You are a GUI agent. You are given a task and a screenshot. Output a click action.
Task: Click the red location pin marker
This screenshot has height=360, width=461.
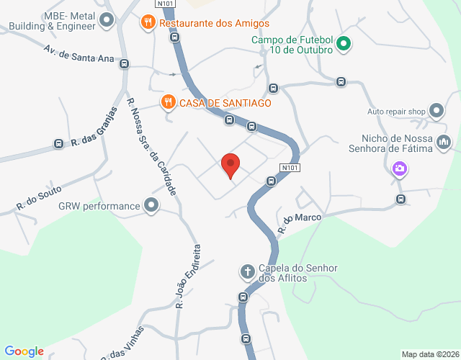230,165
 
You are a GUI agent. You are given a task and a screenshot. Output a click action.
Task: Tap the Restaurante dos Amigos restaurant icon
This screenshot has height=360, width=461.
148,22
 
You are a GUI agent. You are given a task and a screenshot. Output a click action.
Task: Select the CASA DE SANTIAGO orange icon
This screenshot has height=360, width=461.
168,102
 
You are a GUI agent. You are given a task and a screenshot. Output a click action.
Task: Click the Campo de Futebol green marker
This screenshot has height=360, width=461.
344,44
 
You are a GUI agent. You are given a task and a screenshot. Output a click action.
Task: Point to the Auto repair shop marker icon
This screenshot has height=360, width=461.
437,111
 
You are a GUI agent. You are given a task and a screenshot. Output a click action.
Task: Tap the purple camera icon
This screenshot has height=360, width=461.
399,169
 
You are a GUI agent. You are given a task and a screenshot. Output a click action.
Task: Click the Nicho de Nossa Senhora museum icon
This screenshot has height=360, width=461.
444,143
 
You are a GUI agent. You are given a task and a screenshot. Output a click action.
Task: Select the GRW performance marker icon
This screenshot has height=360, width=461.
151,206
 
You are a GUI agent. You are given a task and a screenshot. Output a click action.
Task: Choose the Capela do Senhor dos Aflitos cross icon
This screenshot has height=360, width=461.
247,271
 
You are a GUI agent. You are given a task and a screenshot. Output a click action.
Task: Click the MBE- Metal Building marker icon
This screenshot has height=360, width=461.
107,20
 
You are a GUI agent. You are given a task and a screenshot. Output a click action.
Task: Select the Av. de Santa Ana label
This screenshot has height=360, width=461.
79,54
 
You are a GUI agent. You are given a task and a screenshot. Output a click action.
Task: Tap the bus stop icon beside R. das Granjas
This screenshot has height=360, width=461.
58,144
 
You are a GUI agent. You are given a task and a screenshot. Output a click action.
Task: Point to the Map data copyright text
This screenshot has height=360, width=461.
430,354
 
